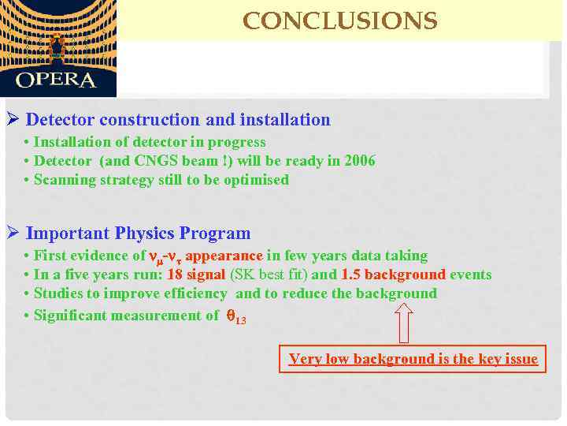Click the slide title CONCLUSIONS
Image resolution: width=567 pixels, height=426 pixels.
pos(339,21)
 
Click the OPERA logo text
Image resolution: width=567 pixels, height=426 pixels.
pos(56,80)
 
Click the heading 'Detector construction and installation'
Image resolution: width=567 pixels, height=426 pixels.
pos(178,120)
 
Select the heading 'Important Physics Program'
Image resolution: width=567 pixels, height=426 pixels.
pos(138,234)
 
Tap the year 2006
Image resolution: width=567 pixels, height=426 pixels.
pos(360,161)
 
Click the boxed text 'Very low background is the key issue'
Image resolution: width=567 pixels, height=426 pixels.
pos(413,360)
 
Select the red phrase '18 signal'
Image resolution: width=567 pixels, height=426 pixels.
pos(196,275)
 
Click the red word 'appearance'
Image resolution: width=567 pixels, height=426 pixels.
pos(224,256)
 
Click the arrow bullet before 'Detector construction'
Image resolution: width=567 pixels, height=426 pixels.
pos(12,120)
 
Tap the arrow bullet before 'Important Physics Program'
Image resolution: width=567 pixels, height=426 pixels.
pos(12,234)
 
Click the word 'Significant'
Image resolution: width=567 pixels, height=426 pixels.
pos(71,316)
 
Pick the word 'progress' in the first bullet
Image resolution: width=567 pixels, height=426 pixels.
pos(239,142)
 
